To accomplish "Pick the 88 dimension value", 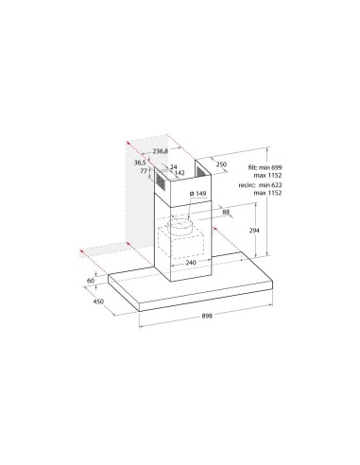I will pyautogui.click(x=228, y=212).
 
